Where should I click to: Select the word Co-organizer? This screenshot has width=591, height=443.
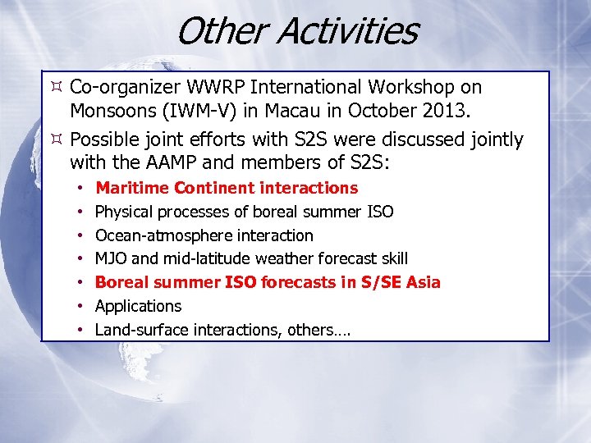(x=123, y=87)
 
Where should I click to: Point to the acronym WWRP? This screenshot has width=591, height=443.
(x=212, y=87)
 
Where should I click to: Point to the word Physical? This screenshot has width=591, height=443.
(x=124, y=212)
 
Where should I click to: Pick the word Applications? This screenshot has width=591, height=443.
(x=138, y=306)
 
